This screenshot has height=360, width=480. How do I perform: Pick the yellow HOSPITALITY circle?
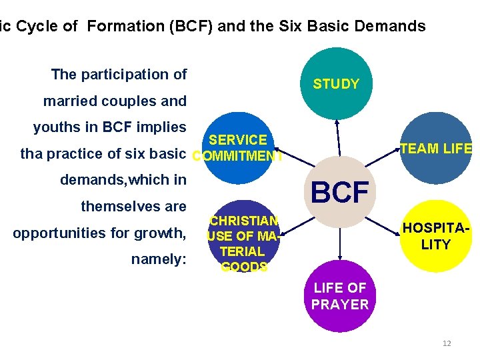point(435,236)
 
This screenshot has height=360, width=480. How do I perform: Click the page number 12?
point(447,343)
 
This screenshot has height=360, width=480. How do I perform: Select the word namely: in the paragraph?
point(159,259)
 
